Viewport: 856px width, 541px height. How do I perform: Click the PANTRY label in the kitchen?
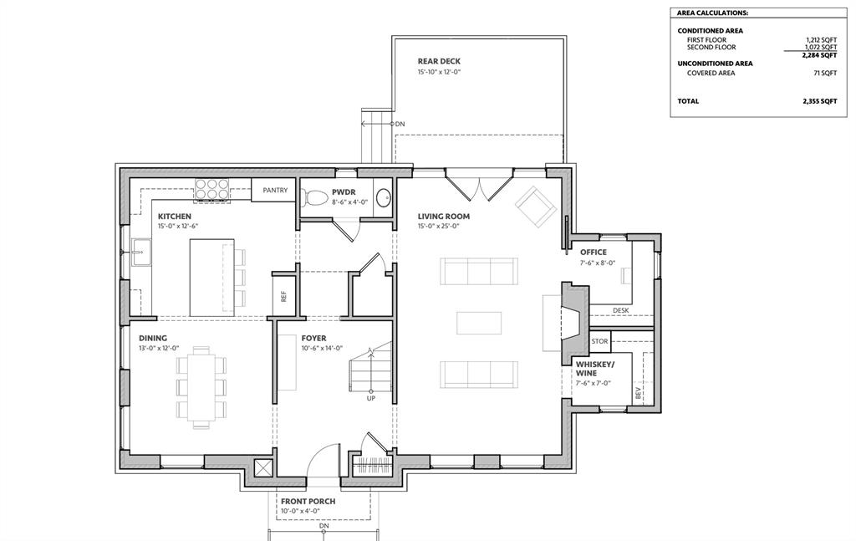click(x=274, y=190)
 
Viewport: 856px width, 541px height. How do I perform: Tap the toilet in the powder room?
click(x=313, y=197)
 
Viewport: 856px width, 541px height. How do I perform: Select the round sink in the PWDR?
click(x=384, y=197)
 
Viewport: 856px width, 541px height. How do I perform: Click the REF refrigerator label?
click(x=283, y=296)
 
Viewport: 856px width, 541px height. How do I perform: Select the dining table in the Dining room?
click(x=201, y=386)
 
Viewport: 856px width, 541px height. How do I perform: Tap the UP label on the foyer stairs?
click(x=371, y=399)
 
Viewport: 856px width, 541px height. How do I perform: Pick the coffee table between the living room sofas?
click(x=479, y=323)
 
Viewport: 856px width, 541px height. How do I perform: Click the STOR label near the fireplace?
click(x=599, y=341)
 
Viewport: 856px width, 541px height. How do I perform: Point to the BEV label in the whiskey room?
click(x=638, y=392)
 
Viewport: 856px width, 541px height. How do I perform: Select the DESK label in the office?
click(x=621, y=310)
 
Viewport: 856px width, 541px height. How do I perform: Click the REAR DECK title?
click(x=439, y=61)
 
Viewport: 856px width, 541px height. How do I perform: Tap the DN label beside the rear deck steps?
click(x=400, y=124)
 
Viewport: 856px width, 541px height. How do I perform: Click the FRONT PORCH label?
click(x=308, y=501)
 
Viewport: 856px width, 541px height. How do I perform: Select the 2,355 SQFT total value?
click(x=819, y=101)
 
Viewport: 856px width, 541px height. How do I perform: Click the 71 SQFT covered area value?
click(x=825, y=73)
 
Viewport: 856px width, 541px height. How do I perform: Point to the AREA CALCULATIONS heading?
click(x=712, y=13)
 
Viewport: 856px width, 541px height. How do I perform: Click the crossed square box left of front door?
click(x=263, y=468)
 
